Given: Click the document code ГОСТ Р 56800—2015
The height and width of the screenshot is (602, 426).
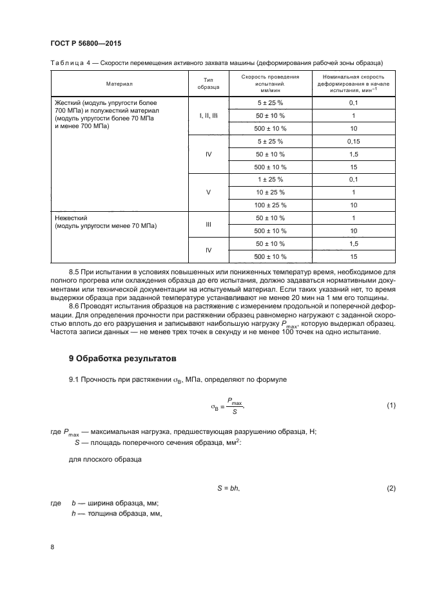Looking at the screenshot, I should coord(86,43).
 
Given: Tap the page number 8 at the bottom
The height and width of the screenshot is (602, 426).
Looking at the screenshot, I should coord(52,547).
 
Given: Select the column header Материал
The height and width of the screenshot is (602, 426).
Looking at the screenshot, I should coord(119,83).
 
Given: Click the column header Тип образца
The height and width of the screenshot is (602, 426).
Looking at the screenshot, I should coord(208,82).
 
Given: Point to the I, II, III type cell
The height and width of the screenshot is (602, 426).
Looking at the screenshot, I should coord(208,115).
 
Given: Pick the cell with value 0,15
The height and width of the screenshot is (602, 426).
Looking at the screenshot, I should coord(353,141).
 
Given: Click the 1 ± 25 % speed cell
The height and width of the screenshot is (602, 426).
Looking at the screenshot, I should coord(271,179).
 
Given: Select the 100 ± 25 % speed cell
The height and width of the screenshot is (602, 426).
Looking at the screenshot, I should coord(271,205).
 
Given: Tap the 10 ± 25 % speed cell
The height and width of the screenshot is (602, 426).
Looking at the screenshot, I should coord(271,192).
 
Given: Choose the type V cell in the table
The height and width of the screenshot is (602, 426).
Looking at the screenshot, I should coord(208,192).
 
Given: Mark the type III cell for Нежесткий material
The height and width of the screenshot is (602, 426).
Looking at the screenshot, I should coord(208,224).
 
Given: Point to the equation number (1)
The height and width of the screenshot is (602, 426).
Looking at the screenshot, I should coord(391,405).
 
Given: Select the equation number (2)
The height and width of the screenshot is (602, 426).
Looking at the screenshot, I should coord(391,489).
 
